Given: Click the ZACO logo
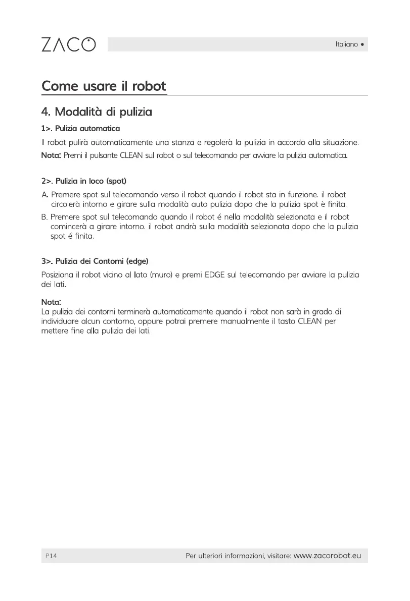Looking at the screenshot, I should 67,44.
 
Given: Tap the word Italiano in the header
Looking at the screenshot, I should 346,44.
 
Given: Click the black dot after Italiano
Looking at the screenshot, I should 362,44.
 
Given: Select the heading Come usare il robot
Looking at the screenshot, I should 104,86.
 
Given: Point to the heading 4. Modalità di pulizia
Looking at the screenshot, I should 97,111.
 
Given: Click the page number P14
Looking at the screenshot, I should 51,556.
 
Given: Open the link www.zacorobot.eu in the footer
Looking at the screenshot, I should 327,556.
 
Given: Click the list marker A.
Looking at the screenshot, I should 44,194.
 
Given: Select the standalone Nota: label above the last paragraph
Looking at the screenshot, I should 51,302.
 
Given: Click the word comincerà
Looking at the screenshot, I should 69,227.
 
